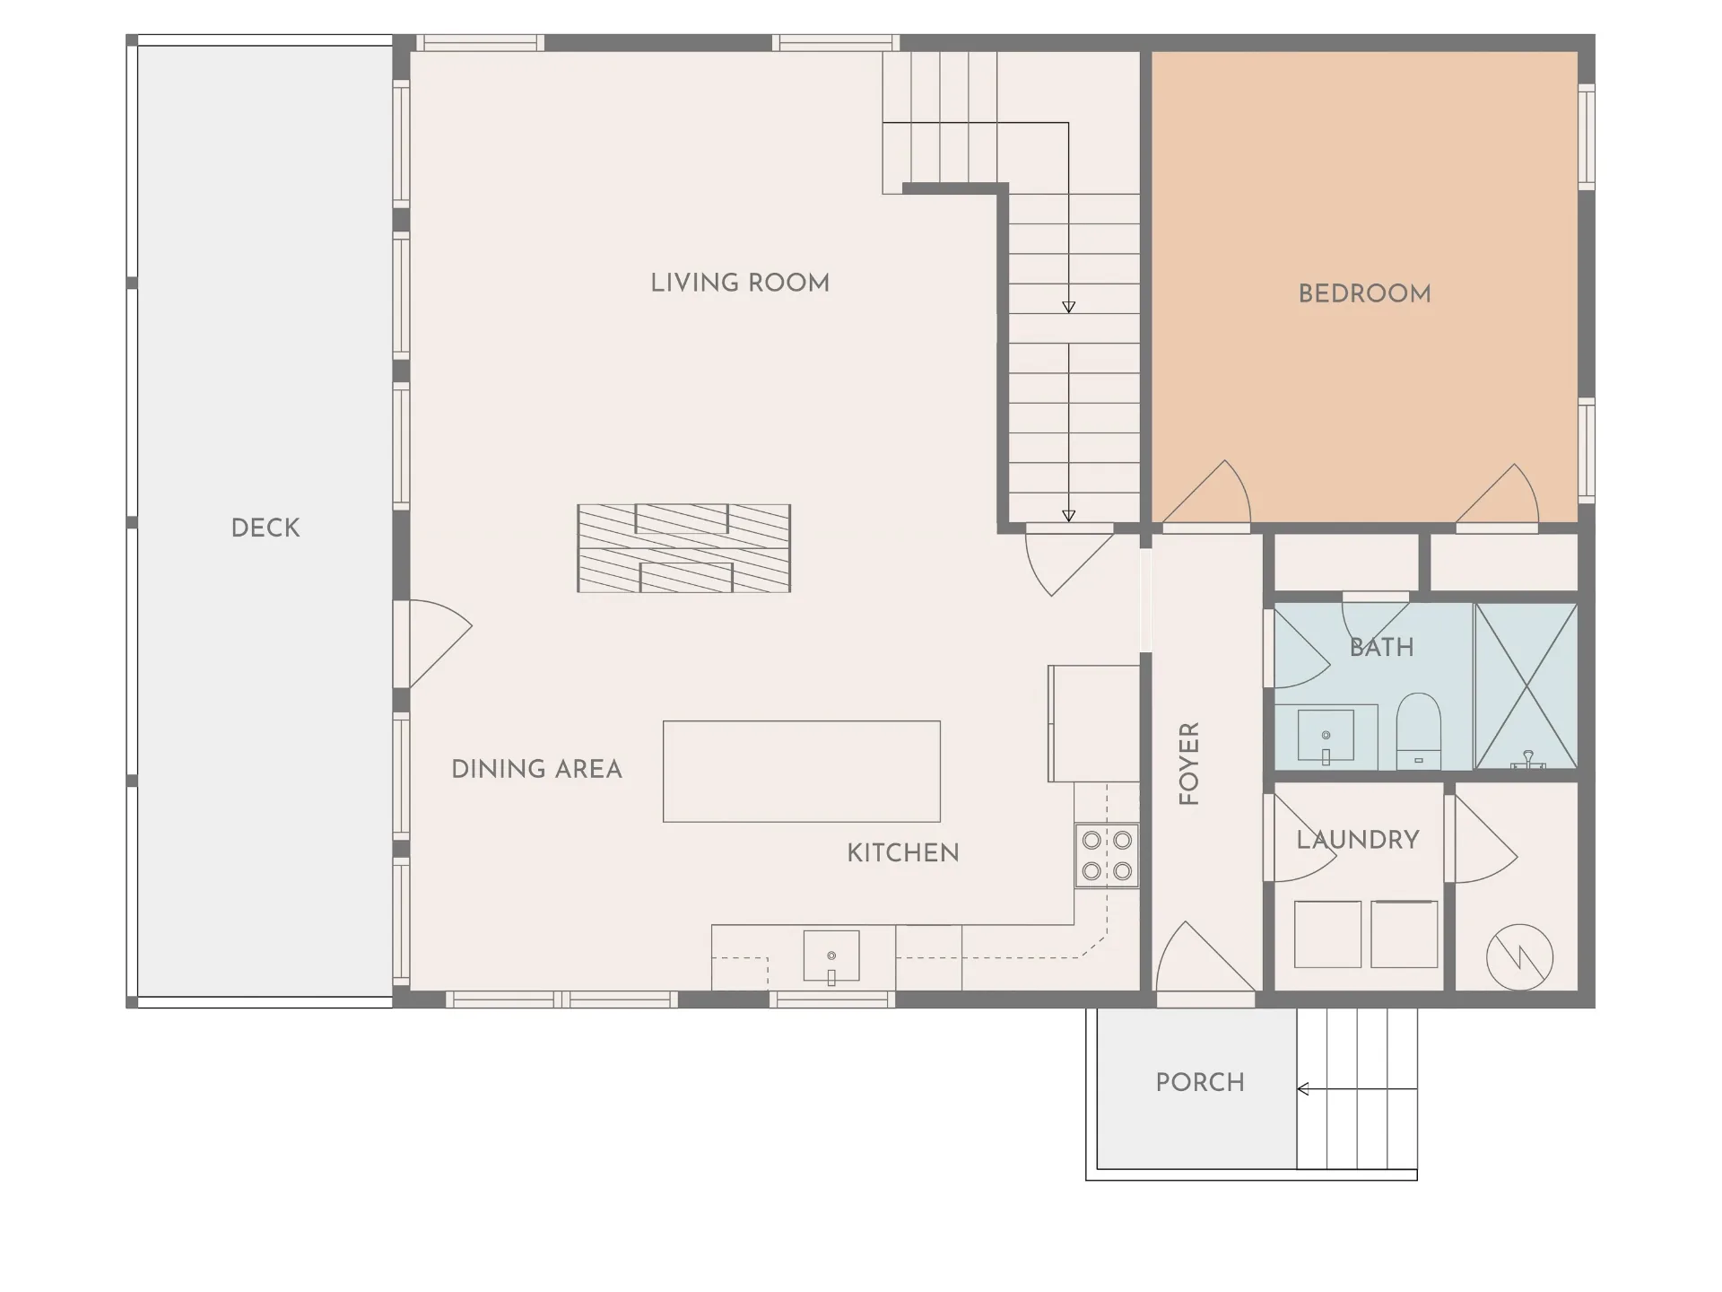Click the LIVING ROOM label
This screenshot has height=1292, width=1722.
pos(740,283)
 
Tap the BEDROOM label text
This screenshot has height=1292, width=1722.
pos(1364,293)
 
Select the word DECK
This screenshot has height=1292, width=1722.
pos(265,528)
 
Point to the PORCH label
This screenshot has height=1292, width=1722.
pos(1200,1082)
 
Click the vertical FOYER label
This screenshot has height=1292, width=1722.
pos(1188,764)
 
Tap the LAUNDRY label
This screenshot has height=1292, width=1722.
pos(1358,840)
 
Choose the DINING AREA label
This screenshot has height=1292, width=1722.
pos(536,769)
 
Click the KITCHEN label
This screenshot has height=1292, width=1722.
pos(903,852)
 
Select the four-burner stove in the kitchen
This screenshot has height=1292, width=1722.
pos(1107,856)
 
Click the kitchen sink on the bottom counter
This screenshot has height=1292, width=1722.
pos(831,956)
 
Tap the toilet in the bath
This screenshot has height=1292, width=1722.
pos(1418,731)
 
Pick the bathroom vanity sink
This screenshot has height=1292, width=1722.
pos(1326,737)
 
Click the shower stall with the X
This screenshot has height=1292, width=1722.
pos(1526,686)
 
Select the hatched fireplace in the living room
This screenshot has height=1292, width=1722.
pos(683,548)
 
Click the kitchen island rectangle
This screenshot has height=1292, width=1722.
pos(802,772)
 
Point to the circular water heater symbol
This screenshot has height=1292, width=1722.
pos(1519,957)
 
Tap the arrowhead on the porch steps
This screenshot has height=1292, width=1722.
pos(1303,1089)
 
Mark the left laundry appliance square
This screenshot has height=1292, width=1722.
pos(1327,934)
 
